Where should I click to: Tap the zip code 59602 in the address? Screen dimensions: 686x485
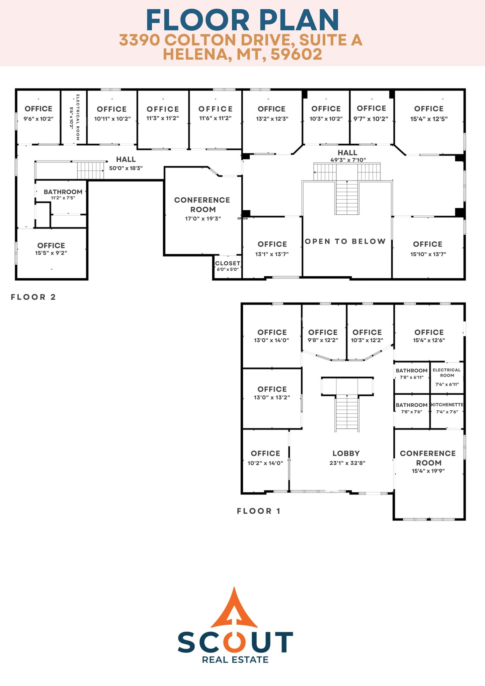[296, 54]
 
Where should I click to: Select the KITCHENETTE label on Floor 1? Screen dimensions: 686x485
[447, 405]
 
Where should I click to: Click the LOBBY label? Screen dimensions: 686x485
[346, 453]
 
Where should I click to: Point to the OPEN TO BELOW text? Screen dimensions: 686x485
[345, 241]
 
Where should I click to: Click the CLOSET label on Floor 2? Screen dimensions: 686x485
[228, 263]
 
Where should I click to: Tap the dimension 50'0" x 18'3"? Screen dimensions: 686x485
[126, 168]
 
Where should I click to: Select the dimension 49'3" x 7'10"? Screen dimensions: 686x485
[348, 160]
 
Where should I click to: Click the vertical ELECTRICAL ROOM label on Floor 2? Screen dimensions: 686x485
[78, 117]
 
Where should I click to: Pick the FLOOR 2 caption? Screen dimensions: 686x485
[33, 297]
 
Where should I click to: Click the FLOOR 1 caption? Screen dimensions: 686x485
[258, 511]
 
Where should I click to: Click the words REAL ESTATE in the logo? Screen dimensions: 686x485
[235, 660]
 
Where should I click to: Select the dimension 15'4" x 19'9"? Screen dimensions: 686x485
[428, 471]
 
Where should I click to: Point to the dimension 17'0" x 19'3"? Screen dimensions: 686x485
[203, 219]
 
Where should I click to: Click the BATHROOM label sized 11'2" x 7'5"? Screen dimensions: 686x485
[63, 192]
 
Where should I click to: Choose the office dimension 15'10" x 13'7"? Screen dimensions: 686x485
[428, 254]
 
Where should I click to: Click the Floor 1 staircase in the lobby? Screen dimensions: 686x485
[347, 412]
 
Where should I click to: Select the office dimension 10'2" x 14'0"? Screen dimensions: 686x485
[265, 463]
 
